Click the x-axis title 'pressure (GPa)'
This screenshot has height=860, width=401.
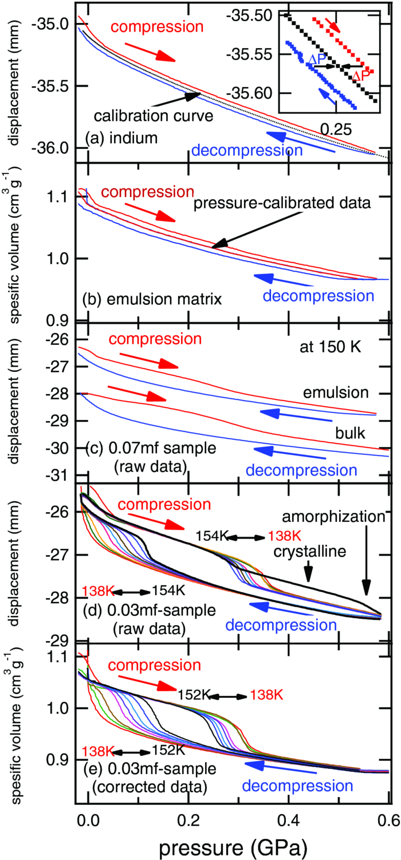tap(233, 842)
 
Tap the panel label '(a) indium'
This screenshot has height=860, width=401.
tap(121, 139)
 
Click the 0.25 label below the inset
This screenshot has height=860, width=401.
tap(336, 129)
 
